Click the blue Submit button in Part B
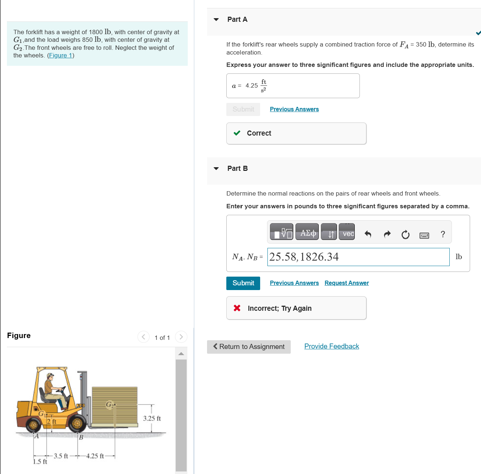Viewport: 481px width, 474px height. pyautogui.click(x=243, y=283)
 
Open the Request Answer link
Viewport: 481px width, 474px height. pyautogui.click(x=346, y=283)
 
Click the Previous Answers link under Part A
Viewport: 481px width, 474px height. pyautogui.click(x=294, y=109)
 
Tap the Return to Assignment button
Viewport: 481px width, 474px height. pyautogui.click(x=249, y=347)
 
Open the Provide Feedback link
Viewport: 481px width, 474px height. pyautogui.click(x=331, y=346)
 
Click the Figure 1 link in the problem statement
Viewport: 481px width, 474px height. pyautogui.click(x=60, y=56)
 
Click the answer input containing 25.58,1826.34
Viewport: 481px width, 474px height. pyautogui.click(x=358, y=257)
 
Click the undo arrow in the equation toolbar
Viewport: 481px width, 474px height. pyautogui.click(x=368, y=234)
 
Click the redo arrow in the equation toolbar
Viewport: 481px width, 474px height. pyautogui.click(x=387, y=234)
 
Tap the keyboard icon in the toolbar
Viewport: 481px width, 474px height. pyautogui.click(x=424, y=235)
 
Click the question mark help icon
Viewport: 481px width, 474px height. pyautogui.click(x=442, y=234)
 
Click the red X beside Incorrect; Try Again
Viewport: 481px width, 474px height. pyautogui.click(x=237, y=308)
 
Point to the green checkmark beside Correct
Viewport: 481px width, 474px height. pyautogui.click(x=237, y=133)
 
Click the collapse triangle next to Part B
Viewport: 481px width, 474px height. pyautogui.click(x=216, y=169)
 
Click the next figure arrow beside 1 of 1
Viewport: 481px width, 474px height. pyautogui.click(x=181, y=337)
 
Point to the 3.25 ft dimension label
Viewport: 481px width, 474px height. pyautogui.click(x=152, y=418)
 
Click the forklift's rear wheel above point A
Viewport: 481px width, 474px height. pyautogui.click(x=33, y=424)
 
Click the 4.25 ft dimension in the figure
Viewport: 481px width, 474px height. pyautogui.click(x=95, y=456)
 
